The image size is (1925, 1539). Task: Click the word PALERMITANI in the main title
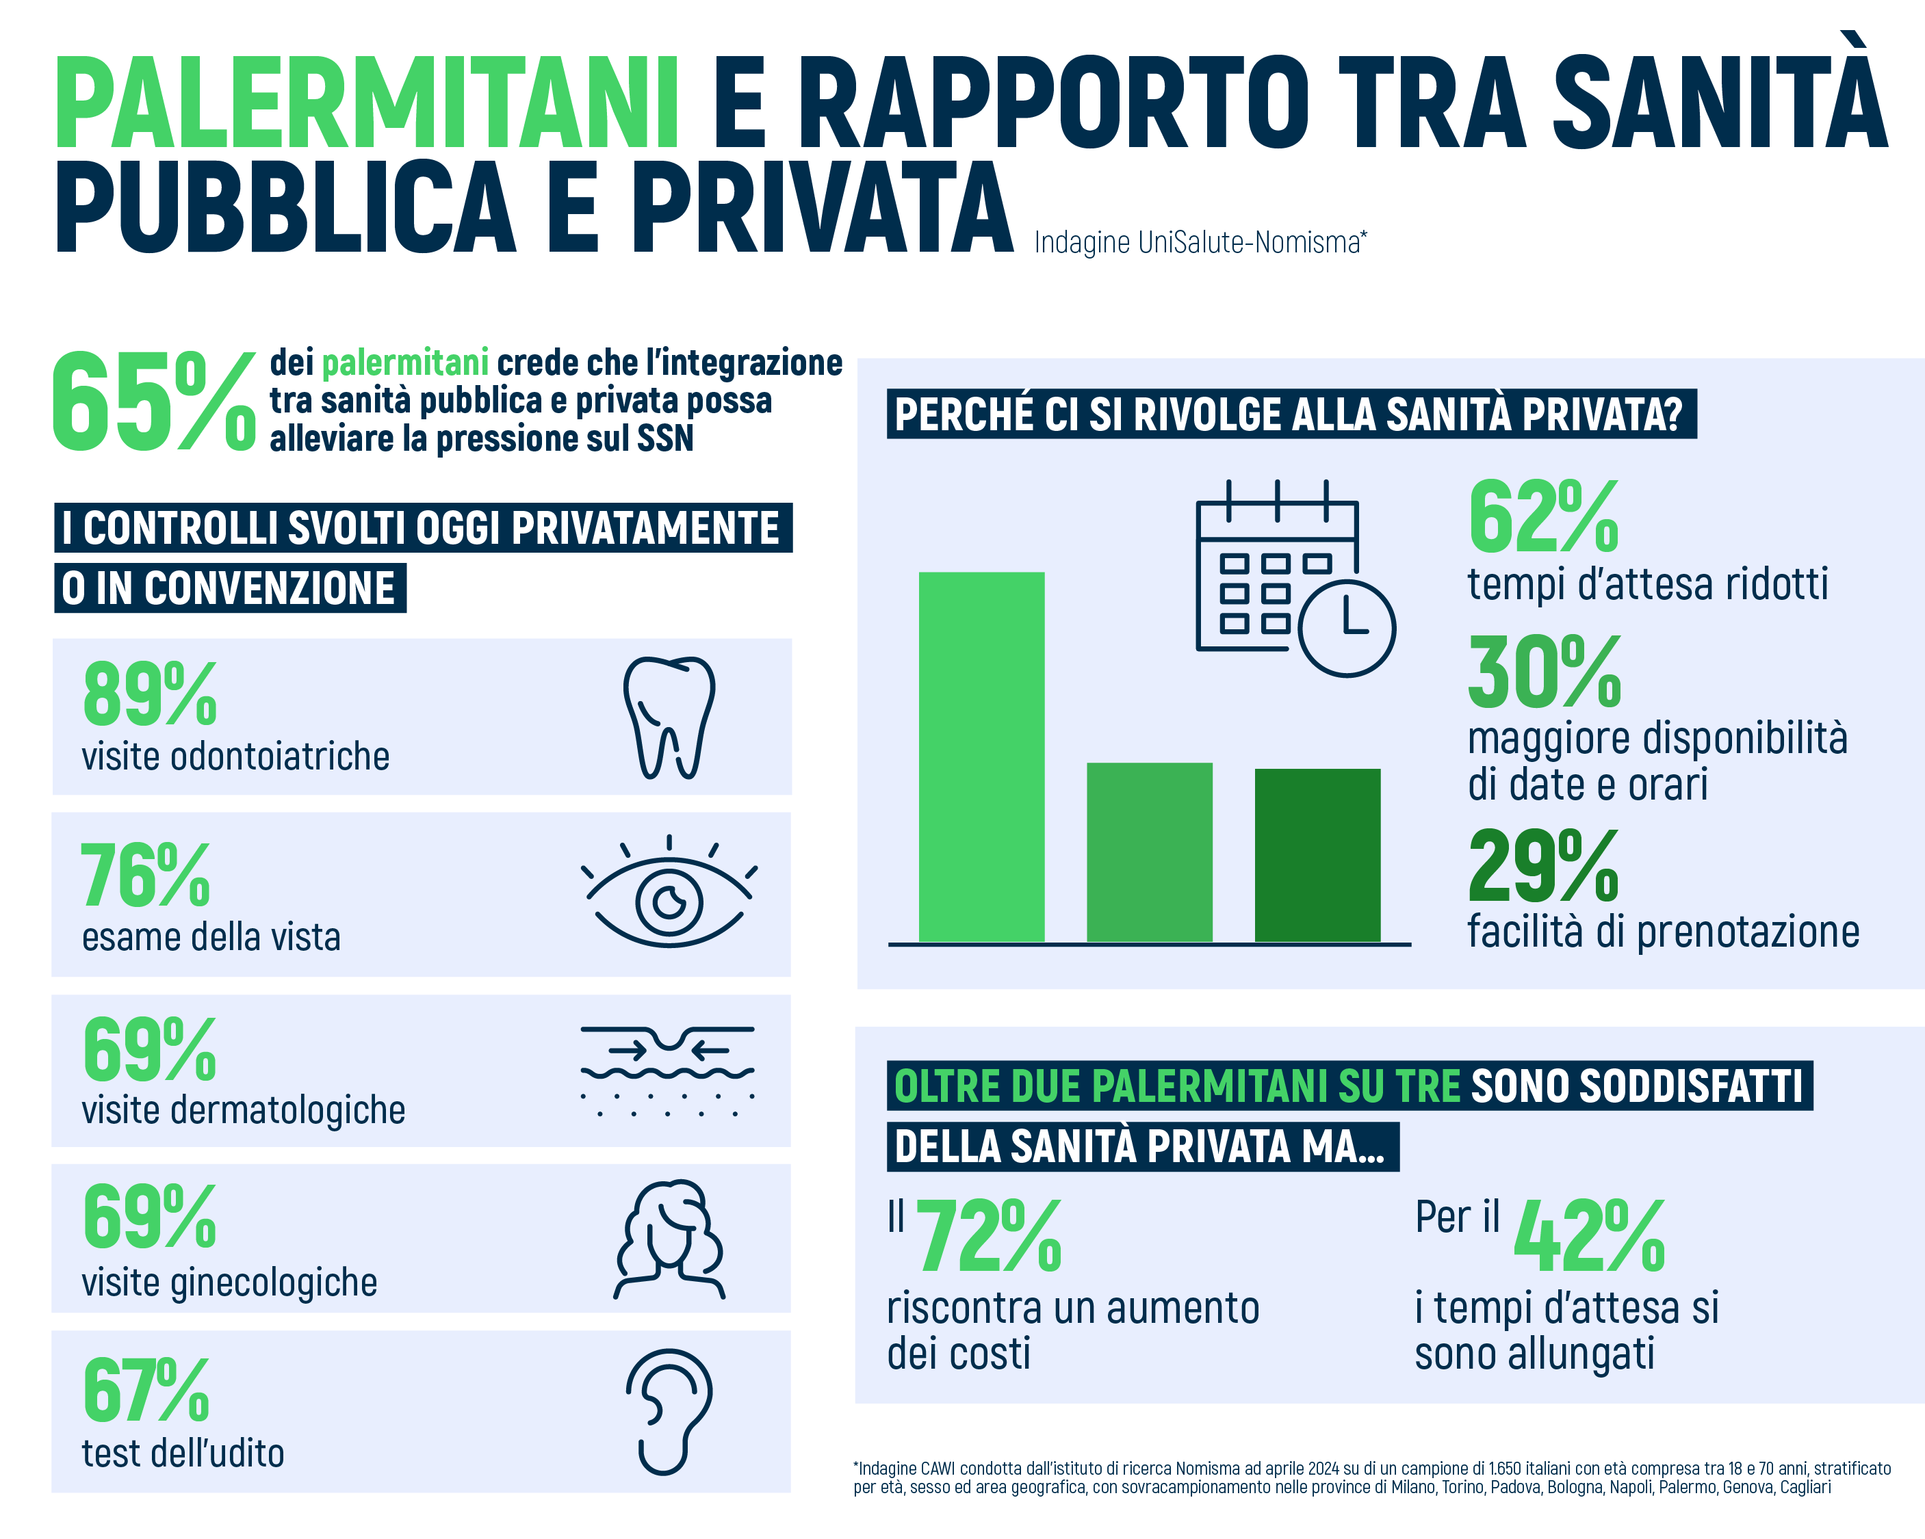point(366,103)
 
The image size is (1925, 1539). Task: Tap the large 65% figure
point(152,402)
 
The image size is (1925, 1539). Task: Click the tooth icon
point(669,717)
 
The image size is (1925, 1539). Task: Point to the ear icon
point(668,1410)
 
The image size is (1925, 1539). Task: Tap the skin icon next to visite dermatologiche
point(668,1071)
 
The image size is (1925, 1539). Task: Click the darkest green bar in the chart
point(1317,854)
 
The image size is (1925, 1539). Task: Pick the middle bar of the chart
point(1149,852)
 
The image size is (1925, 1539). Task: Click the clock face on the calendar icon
point(1347,627)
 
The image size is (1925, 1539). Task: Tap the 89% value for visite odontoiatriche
point(149,694)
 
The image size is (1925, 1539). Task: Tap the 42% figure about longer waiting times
point(1589,1237)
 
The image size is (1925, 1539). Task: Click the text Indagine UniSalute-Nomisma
point(1199,242)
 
